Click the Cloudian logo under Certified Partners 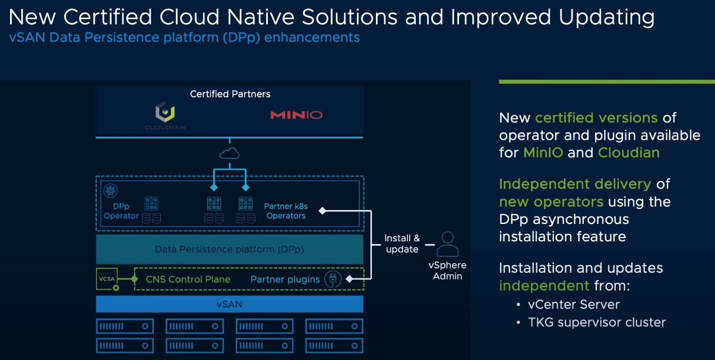click(x=165, y=115)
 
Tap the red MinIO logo click(x=296, y=115)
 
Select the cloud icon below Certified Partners click(x=229, y=154)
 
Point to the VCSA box click(x=107, y=279)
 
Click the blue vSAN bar click(x=229, y=304)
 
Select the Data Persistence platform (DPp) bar click(x=229, y=250)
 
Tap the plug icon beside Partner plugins click(x=333, y=279)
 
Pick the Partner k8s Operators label click(x=286, y=211)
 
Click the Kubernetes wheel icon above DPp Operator click(x=110, y=191)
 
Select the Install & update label click(x=402, y=244)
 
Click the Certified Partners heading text click(x=230, y=94)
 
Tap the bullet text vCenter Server click(x=574, y=305)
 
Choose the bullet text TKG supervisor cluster click(x=597, y=323)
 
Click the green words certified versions click(x=596, y=118)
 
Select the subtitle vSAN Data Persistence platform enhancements click(x=185, y=37)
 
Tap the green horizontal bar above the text click(x=606, y=81)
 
